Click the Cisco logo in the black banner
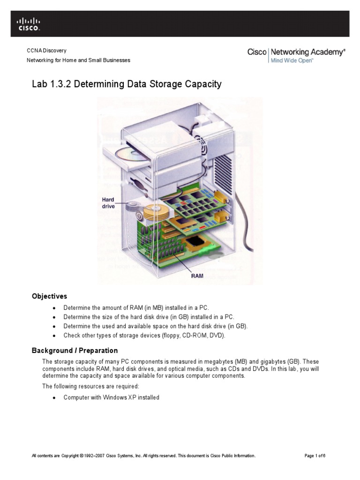coord(29,24)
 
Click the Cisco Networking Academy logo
coord(296,55)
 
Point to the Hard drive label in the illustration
coord(109,203)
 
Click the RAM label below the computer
coord(197,276)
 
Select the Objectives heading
coord(49,296)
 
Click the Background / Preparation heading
coord(75,351)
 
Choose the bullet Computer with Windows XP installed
coord(111,397)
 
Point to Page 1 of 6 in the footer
coord(315,456)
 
